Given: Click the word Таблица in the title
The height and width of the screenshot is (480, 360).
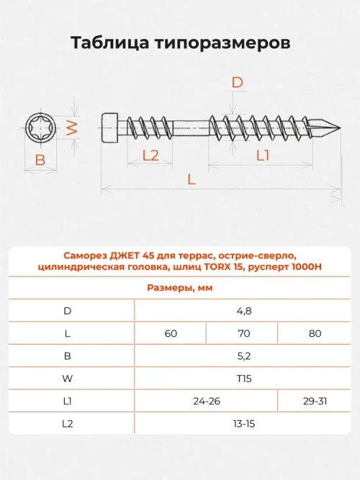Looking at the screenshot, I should point(110,43).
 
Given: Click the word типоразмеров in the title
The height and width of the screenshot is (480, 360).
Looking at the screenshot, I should point(221,43).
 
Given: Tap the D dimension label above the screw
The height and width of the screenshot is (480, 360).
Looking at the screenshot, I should point(237,83).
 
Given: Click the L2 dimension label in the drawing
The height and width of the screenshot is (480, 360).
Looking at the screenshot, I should point(150,155).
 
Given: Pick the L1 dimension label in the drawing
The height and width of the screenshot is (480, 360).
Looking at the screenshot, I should point(263,155).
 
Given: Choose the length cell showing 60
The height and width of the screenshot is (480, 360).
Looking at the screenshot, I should point(171,333).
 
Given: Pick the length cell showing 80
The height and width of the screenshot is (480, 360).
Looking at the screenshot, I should point(315,333).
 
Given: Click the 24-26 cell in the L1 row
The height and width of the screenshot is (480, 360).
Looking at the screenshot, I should point(206,401).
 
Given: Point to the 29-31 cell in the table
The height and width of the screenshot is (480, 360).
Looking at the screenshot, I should point(315,401).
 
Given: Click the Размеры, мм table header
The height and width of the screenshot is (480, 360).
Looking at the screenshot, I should point(180,288).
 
